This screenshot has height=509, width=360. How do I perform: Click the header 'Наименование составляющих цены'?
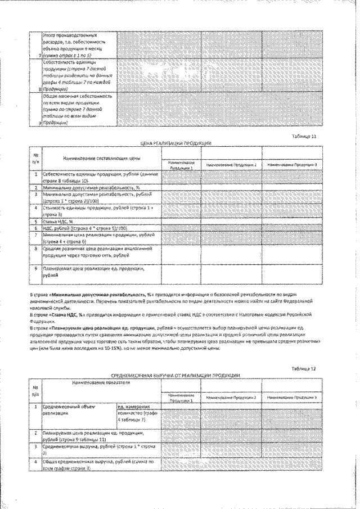coord(101,159)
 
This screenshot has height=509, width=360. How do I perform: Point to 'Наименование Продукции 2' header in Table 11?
coord(231,165)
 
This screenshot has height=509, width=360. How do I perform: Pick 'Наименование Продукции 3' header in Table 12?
coord(292,398)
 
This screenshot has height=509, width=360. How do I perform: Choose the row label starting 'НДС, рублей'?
coord(85,228)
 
